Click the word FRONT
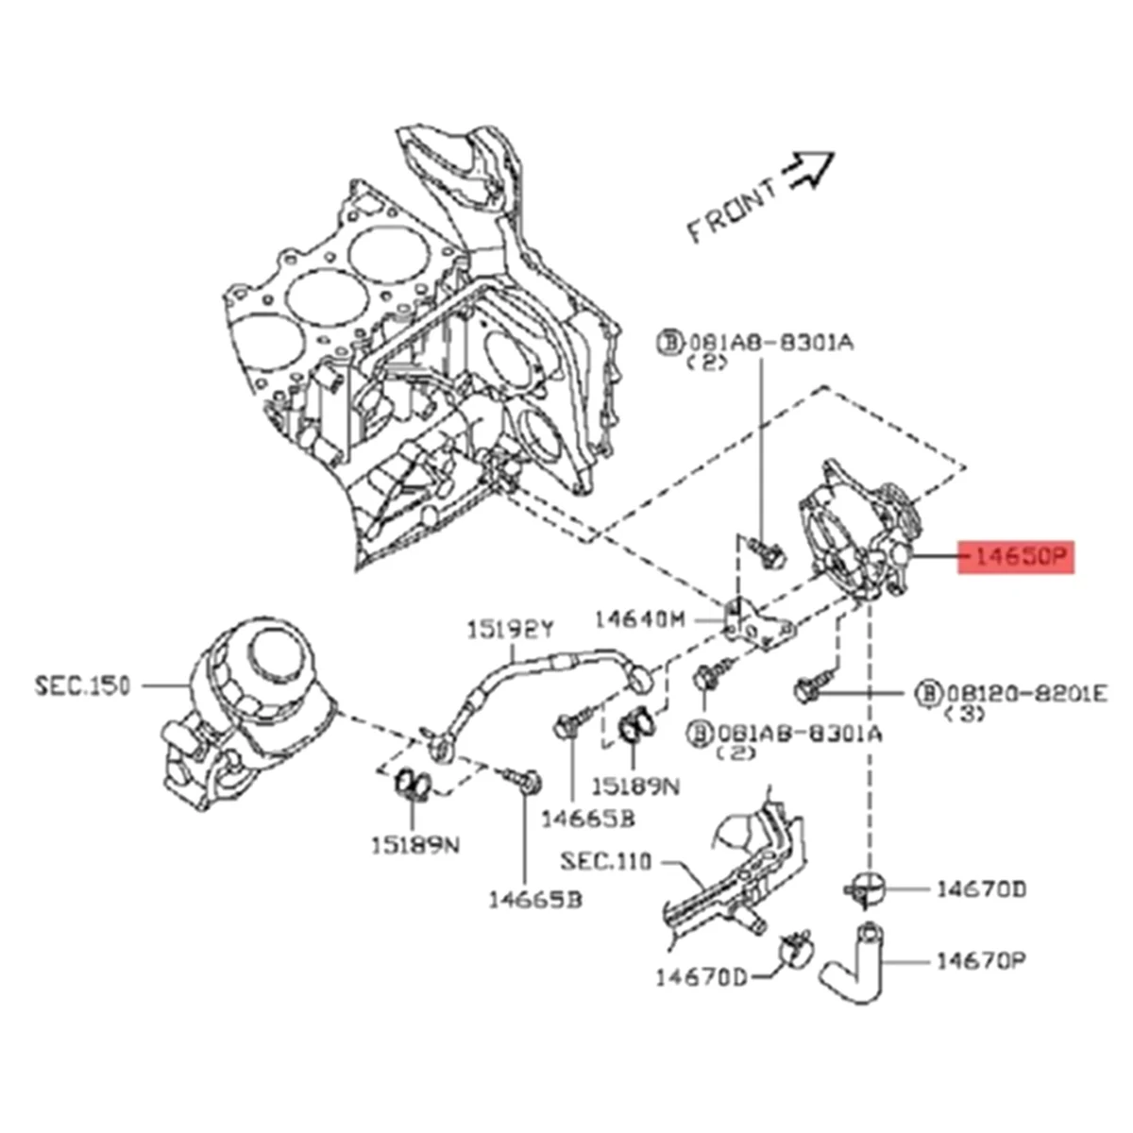point(732,213)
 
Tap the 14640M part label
point(638,619)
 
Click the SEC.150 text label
point(83,685)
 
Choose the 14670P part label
point(981,961)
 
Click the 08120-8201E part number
point(1022,695)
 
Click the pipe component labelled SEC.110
point(736,869)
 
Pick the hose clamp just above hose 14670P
point(864,888)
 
